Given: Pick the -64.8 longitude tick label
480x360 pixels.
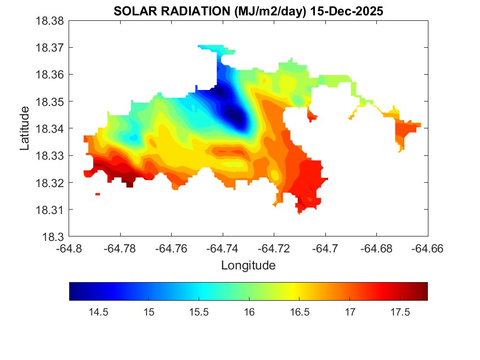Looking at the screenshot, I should point(70,249).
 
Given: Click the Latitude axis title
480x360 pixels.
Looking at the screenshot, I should point(25,129).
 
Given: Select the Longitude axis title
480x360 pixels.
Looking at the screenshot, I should point(248,266).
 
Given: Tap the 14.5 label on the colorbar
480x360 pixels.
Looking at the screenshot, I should point(98,312).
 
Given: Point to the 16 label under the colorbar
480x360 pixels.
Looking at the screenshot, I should point(250,312).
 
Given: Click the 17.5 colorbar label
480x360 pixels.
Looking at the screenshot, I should point(400,312).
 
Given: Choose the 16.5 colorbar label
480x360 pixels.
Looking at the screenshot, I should point(300,312).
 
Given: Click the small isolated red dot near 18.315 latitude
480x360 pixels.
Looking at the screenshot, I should point(98,194).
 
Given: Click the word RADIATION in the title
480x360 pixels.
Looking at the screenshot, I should point(181,11).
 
